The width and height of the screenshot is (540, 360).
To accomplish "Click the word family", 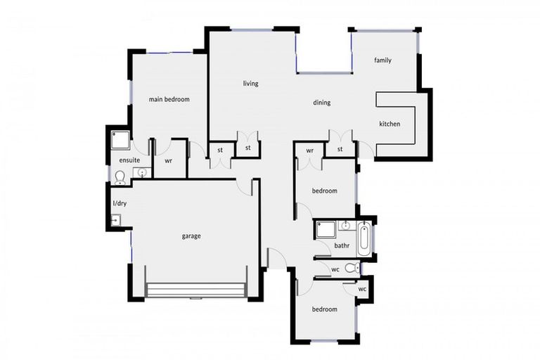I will (382, 60).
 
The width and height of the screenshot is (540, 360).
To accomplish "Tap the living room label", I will (250, 84).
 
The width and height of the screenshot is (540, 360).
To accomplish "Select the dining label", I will (321, 103).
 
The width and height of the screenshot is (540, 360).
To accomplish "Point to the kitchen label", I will (390, 124).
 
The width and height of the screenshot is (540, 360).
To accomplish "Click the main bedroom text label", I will (169, 99).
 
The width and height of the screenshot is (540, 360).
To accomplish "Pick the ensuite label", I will (120, 160).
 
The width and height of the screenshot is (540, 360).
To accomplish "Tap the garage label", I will (191, 236).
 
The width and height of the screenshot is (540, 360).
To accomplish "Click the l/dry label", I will (120, 204).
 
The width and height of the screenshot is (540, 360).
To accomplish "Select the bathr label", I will (342, 245).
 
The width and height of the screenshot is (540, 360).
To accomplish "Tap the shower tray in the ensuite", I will (120, 139).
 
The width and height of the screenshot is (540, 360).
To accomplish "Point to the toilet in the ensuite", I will (120, 176).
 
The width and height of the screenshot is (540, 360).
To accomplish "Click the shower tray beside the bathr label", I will (325, 229).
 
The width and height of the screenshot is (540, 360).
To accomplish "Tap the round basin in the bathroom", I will (345, 226).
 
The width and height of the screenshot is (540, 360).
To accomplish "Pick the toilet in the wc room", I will (352, 268).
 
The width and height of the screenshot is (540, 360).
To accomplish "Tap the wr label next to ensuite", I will (169, 160).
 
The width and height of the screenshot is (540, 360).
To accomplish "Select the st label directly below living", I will (220, 149).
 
